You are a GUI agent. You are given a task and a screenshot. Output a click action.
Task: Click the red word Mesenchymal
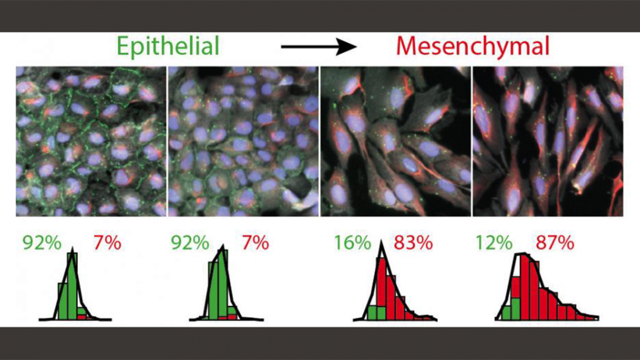[472, 45]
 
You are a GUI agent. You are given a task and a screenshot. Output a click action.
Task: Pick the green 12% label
[493, 243]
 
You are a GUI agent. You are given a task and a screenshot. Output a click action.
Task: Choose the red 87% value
[555, 243]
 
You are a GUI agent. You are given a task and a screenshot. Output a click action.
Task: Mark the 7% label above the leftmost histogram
[107, 243]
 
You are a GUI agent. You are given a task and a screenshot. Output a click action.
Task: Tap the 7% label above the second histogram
[256, 243]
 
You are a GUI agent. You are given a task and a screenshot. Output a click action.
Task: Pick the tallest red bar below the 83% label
[381, 289]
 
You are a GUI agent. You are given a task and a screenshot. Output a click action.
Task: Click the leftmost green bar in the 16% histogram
[372, 313]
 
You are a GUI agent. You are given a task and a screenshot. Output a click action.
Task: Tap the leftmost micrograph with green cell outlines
[91, 141]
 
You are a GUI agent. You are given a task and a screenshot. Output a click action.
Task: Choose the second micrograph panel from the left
[243, 141]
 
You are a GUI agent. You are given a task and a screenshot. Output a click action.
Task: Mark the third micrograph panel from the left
[395, 141]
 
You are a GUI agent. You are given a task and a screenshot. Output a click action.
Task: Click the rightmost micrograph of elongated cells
[548, 141]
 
